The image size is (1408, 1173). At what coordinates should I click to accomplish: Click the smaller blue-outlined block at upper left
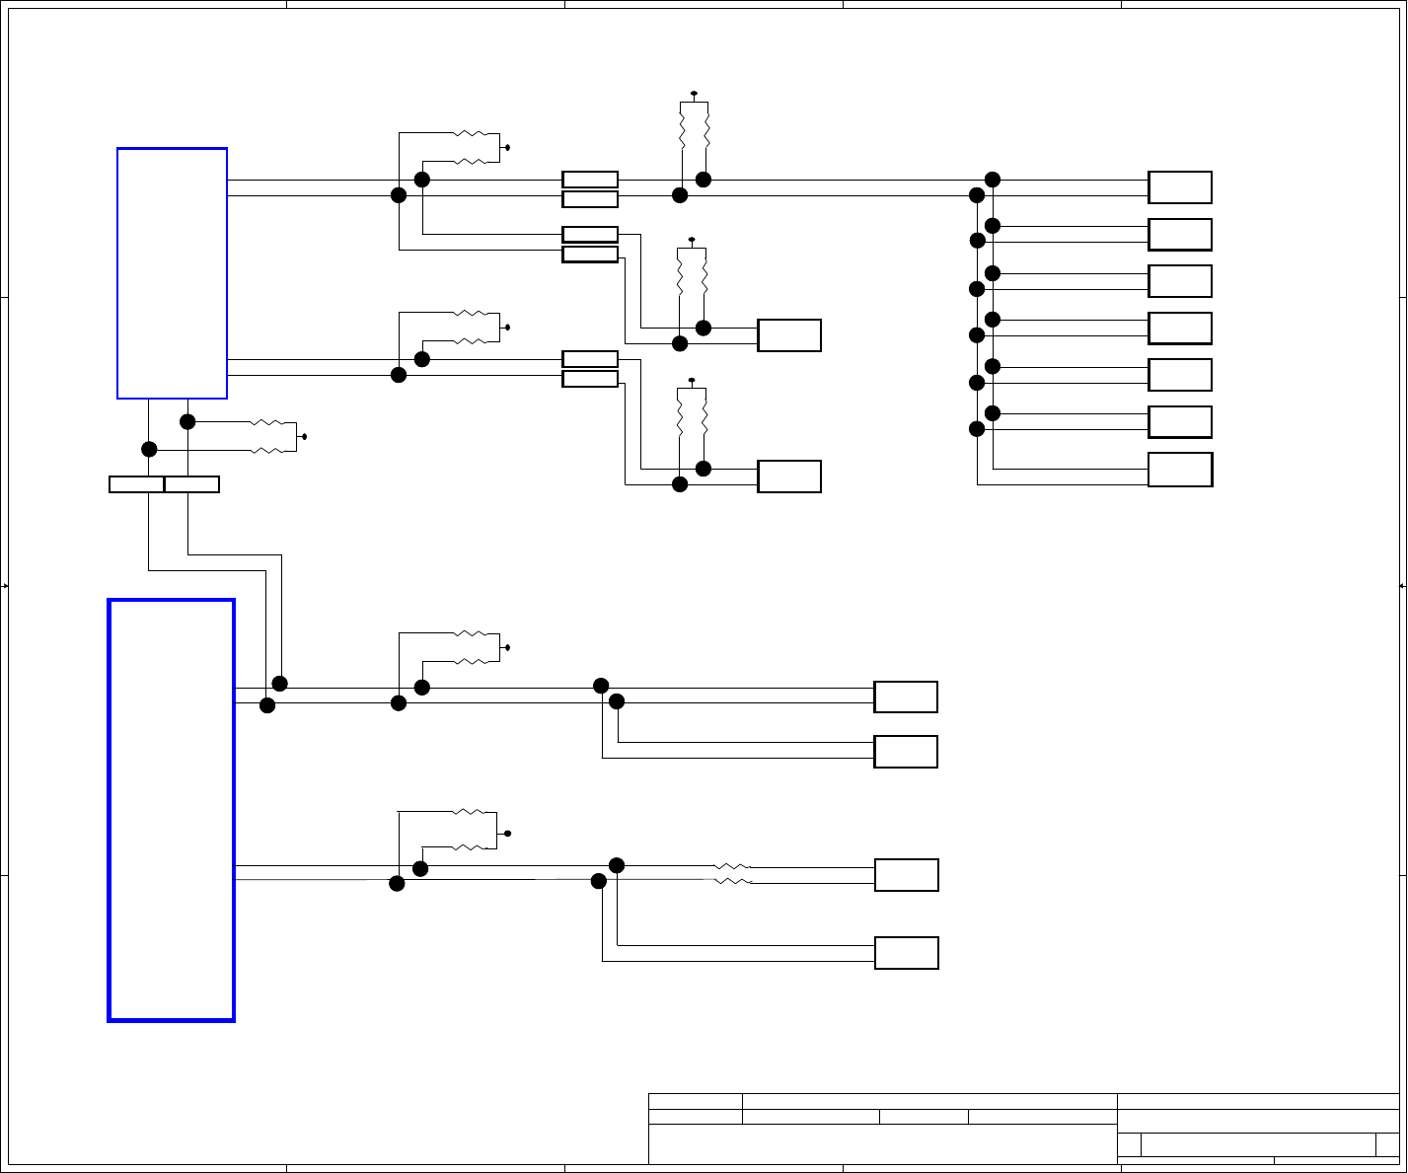(x=172, y=273)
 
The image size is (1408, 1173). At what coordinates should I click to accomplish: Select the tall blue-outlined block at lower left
(x=171, y=810)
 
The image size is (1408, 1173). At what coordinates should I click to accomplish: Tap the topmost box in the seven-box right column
(x=1180, y=187)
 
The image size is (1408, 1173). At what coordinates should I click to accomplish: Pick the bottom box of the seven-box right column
(x=1180, y=470)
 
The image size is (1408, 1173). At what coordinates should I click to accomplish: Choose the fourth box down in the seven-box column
(x=1180, y=329)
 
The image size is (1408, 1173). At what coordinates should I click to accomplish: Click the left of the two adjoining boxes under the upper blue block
(x=136, y=484)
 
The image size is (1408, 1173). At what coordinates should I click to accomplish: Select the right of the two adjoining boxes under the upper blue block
(x=191, y=484)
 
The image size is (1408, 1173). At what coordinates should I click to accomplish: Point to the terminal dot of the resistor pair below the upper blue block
(x=304, y=436)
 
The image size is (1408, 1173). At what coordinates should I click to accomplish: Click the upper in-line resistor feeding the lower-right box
(x=732, y=866)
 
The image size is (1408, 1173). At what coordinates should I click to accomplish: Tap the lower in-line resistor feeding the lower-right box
(x=732, y=881)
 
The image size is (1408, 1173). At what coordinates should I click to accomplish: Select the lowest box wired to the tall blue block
(x=906, y=953)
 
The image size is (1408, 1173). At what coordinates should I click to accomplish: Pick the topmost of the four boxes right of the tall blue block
(x=906, y=696)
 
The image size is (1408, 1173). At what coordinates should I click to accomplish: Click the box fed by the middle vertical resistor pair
(x=789, y=335)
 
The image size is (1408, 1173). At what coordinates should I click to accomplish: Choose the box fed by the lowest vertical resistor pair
(x=789, y=477)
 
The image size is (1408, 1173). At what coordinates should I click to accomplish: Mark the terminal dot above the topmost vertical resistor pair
(x=694, y=94)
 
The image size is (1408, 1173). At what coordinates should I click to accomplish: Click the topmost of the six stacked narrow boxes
(x=590, y=180)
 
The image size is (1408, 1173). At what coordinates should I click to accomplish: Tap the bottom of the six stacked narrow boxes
(x=590, y=379)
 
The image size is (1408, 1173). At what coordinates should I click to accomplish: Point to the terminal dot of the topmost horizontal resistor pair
(x=507, y=148)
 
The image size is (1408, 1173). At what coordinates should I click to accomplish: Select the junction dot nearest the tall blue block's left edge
(x=267, y=705)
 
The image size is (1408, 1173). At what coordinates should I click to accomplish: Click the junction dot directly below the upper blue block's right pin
(x=187, y=422)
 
